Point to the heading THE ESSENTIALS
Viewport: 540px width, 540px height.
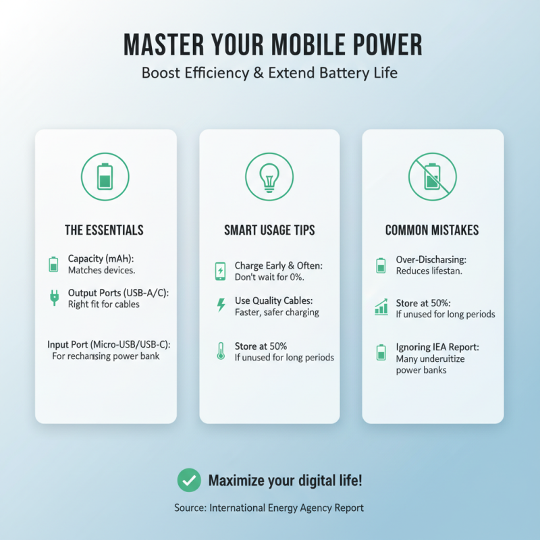point(104,230)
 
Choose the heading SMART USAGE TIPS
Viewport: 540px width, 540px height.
point(269,230)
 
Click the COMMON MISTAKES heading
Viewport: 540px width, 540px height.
point(432,230)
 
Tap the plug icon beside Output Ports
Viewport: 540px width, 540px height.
point(54,298)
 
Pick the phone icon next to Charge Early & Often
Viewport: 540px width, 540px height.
point(220,271)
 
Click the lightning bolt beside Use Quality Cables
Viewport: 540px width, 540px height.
point(220,305)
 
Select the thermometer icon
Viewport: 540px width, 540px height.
point(220,351)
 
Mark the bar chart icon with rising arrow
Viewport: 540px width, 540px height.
point(381,308)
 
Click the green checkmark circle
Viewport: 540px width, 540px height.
point(188,481)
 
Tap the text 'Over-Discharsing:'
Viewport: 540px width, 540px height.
point(433,259)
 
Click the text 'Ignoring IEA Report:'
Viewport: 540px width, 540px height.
point(437,347)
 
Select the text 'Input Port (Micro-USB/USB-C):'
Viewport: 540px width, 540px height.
point(109,344)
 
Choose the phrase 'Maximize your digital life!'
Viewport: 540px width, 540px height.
point(285,481)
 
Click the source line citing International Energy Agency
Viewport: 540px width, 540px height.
point(269,508)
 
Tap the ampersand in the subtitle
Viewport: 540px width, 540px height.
point(258,72)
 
